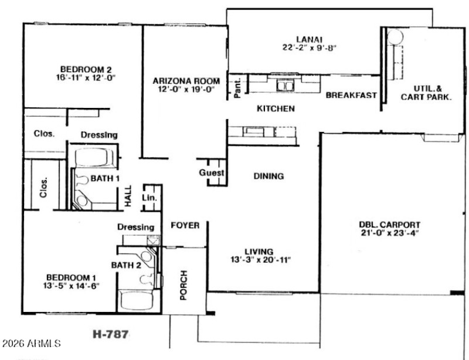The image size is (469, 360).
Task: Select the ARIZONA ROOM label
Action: (x=186, y=81)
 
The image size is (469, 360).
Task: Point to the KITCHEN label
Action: (x=276, y=108)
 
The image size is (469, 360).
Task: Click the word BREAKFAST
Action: (x=351, y=96)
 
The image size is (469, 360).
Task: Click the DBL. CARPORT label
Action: (x=390, y=224)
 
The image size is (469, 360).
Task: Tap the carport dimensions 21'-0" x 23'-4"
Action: (x=390, y=233)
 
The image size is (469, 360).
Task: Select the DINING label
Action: (x=269, y=176)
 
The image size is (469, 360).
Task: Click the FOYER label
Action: (x=185, y=225)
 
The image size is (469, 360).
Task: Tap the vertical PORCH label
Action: (x=183, y=285)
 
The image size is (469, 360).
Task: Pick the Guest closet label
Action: (x=212, y=173)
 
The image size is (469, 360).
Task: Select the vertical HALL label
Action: (x=128, y=197)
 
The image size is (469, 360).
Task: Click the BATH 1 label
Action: (x=105, y=178)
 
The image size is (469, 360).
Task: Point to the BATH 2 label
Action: (x=127, y=266)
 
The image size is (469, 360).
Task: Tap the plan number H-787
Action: (x=111, y=334)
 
